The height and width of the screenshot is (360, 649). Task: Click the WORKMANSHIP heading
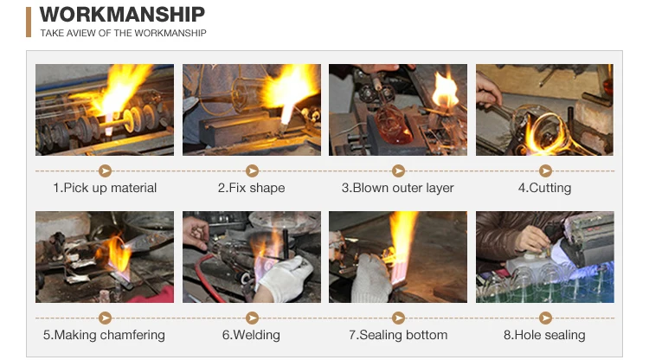click(x=122, y=15)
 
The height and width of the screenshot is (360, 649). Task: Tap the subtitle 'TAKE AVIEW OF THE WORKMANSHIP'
click(x=123, y=33)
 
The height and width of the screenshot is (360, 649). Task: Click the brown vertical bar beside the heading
click(x=29, y=22)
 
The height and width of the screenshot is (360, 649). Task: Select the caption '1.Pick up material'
click(x=105, y=188)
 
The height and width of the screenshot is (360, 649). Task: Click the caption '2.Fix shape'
click(x=251, y=188)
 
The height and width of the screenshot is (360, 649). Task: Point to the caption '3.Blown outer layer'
click(x=398, y=188)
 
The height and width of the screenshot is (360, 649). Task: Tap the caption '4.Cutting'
click(x=544, y=188)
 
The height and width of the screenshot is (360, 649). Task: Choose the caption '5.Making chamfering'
click(x=104, y=335)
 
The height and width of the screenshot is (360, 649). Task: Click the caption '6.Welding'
click(x=251, y=335)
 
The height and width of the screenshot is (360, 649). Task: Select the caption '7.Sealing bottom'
click(x=398, y=335)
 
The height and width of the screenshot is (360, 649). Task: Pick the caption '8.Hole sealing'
click(x=544, y=335)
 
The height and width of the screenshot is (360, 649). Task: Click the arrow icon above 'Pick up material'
click(x=105, y=170)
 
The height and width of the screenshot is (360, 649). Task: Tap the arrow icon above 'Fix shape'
click(x=252, y=170)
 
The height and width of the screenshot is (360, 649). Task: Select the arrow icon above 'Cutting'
click(x=545, y=170)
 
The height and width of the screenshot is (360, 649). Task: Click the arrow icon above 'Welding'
click(x=252, y=318)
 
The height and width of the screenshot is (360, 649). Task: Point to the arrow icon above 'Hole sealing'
click(x=545, y=318)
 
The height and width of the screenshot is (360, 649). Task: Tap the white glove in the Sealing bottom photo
click(x=372, y=278)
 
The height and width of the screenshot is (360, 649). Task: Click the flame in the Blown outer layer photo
click(x=446, y=90)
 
